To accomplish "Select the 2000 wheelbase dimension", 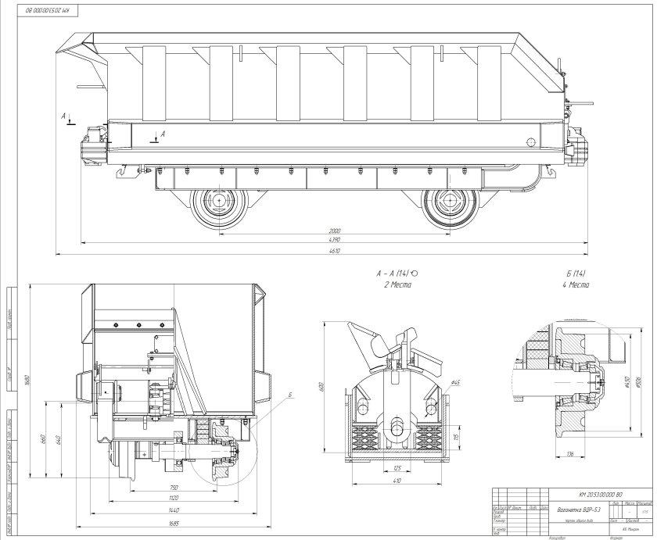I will (x=334, y=231).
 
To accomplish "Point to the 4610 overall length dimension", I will (x=334, y=253).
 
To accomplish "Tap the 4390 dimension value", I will (x=334, y=242).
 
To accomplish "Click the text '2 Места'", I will (x=393, y=286).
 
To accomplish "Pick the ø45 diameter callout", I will (x=455, y=382).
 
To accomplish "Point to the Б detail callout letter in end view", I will (x=289, y=396).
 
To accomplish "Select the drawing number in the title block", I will (x=600, y=495).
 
